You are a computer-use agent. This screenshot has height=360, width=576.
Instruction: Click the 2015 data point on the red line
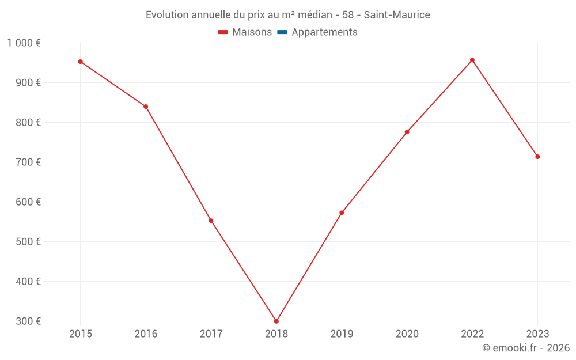coord(81,62)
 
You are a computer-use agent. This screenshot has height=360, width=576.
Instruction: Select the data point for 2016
coord(146,107)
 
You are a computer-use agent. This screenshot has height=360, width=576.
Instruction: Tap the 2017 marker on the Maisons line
coord(211,221)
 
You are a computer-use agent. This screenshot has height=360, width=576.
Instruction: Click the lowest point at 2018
coord(276,321)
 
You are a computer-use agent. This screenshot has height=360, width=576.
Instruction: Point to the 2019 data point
coord(342,213)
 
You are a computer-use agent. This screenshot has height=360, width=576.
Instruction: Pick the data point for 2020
coord(407,132)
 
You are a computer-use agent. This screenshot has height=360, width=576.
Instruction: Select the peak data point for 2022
coord(472,60)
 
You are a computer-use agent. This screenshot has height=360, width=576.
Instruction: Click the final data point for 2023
coord(537,157)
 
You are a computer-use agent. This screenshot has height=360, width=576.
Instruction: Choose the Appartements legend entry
coord(324,32)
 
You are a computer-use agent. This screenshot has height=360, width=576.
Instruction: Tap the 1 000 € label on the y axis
coord(24,43)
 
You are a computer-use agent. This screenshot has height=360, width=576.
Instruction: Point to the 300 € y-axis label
coord(28,321)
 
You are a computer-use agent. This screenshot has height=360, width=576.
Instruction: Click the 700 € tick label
coord(28,162)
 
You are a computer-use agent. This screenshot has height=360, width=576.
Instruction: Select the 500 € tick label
coord(28,242)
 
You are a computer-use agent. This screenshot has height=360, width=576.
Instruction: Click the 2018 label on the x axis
coord(276,334)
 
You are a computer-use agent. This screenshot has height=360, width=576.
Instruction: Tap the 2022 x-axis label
coord(472,334)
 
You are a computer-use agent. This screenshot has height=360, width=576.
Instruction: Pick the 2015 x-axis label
coord(81,334)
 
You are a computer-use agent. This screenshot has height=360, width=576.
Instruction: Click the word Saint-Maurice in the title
coord(397,15)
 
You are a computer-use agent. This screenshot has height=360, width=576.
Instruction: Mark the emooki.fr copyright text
coord(526,348)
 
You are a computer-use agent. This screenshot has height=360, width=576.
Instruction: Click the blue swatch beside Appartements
coord(282,32)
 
